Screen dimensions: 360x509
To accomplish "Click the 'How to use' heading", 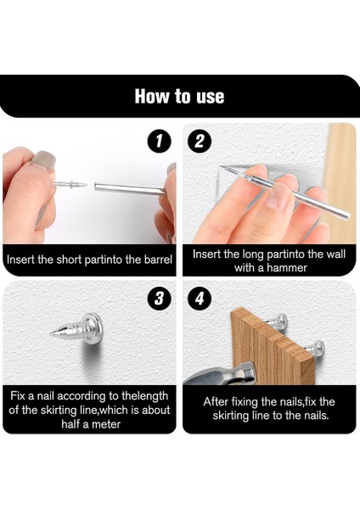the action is [x=180, y=97].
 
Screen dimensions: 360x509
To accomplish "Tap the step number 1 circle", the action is [x=159, y=142].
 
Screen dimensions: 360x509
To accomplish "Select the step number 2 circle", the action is [x=200, y=142].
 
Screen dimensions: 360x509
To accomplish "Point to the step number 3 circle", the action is [x=159, y=299].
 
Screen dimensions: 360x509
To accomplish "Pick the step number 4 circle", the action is [x=200, y=299].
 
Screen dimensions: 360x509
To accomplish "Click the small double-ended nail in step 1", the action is [x=70, y=184].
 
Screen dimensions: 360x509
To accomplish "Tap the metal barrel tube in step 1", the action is [x=129, y=188].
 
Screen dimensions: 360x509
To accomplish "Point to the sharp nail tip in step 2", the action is [x=221, y=167].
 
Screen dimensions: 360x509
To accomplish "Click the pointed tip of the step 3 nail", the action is [x=52, y=333].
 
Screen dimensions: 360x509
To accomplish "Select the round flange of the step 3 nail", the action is [x=93, y=324].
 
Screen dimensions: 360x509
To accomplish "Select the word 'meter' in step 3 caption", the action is [x=105, y=424].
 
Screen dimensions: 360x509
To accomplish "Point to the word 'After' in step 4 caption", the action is [x=216, y=401].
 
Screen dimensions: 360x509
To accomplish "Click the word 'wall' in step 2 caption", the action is [x=336, y=254].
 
